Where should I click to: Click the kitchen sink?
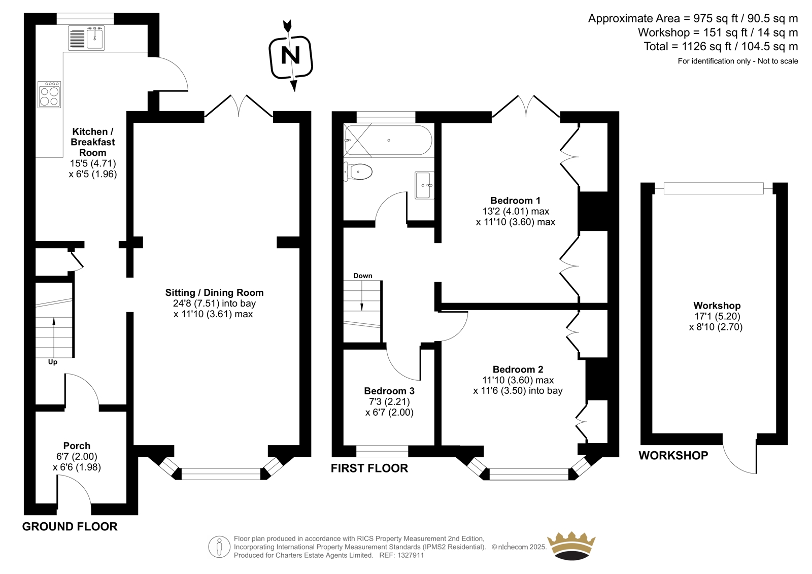click(x=86, y=38)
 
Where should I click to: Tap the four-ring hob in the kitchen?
click(x=49, y=94)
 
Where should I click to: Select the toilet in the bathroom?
click(x=358, y=172)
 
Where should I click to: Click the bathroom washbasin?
click(x=424, y=185)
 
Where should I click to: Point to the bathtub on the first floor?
click(x=388, y=140)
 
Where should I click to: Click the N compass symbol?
click(x=291, y=57)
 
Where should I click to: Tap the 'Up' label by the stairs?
click(x=53, y=362)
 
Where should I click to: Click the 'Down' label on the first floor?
click(x=363, y=276)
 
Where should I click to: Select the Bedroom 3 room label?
click(x=389, y=391)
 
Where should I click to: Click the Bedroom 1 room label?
click(x=516, y=200)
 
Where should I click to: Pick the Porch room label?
click(x=77, y=446)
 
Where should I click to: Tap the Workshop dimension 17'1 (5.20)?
click(x=717, y=316)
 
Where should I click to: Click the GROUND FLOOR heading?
click(x=70, y=526)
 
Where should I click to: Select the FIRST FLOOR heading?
click(x=369, y=468)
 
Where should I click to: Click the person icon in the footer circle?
click(x=219, y=547)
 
